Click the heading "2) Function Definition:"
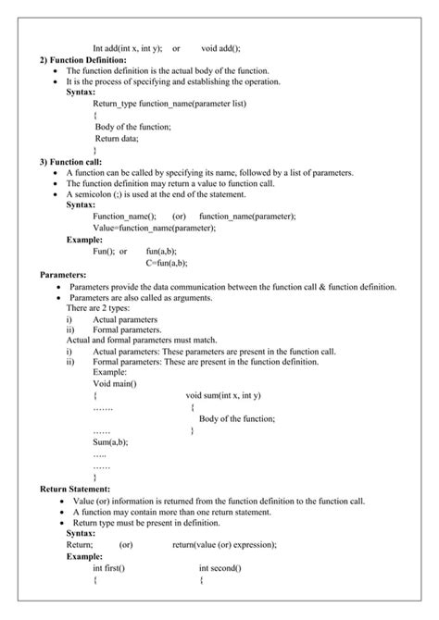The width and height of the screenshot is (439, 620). (82, 59)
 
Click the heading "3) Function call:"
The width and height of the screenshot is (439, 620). (70, 161)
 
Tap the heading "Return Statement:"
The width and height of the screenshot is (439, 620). (75, 489)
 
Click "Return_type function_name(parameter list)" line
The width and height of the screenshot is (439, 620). (169, 105)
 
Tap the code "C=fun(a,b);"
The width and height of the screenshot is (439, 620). (168, 263)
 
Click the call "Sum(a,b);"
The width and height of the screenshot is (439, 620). (110, 442)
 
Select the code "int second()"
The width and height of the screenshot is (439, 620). (219, 568)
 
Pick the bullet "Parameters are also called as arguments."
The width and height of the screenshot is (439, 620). (141, 298)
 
